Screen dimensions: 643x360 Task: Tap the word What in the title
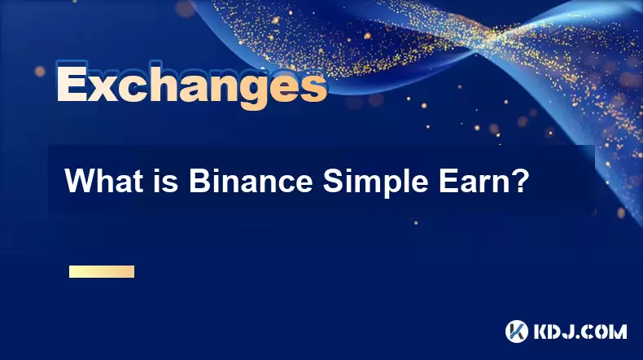(103, 181)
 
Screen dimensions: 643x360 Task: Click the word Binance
(251, 181)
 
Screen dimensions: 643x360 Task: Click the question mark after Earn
(518, 181)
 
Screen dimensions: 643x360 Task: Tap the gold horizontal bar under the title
(101, 271)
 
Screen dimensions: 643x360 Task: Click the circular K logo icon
(516, 331)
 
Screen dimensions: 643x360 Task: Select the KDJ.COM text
(580, 331)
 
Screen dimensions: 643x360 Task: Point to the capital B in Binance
(199, 181)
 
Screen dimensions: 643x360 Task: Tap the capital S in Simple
(333, 181)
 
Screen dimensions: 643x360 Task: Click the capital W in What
(80, 181)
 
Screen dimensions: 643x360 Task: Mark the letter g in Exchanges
(252, 92)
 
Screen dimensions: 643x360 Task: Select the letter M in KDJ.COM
(618, 331)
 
